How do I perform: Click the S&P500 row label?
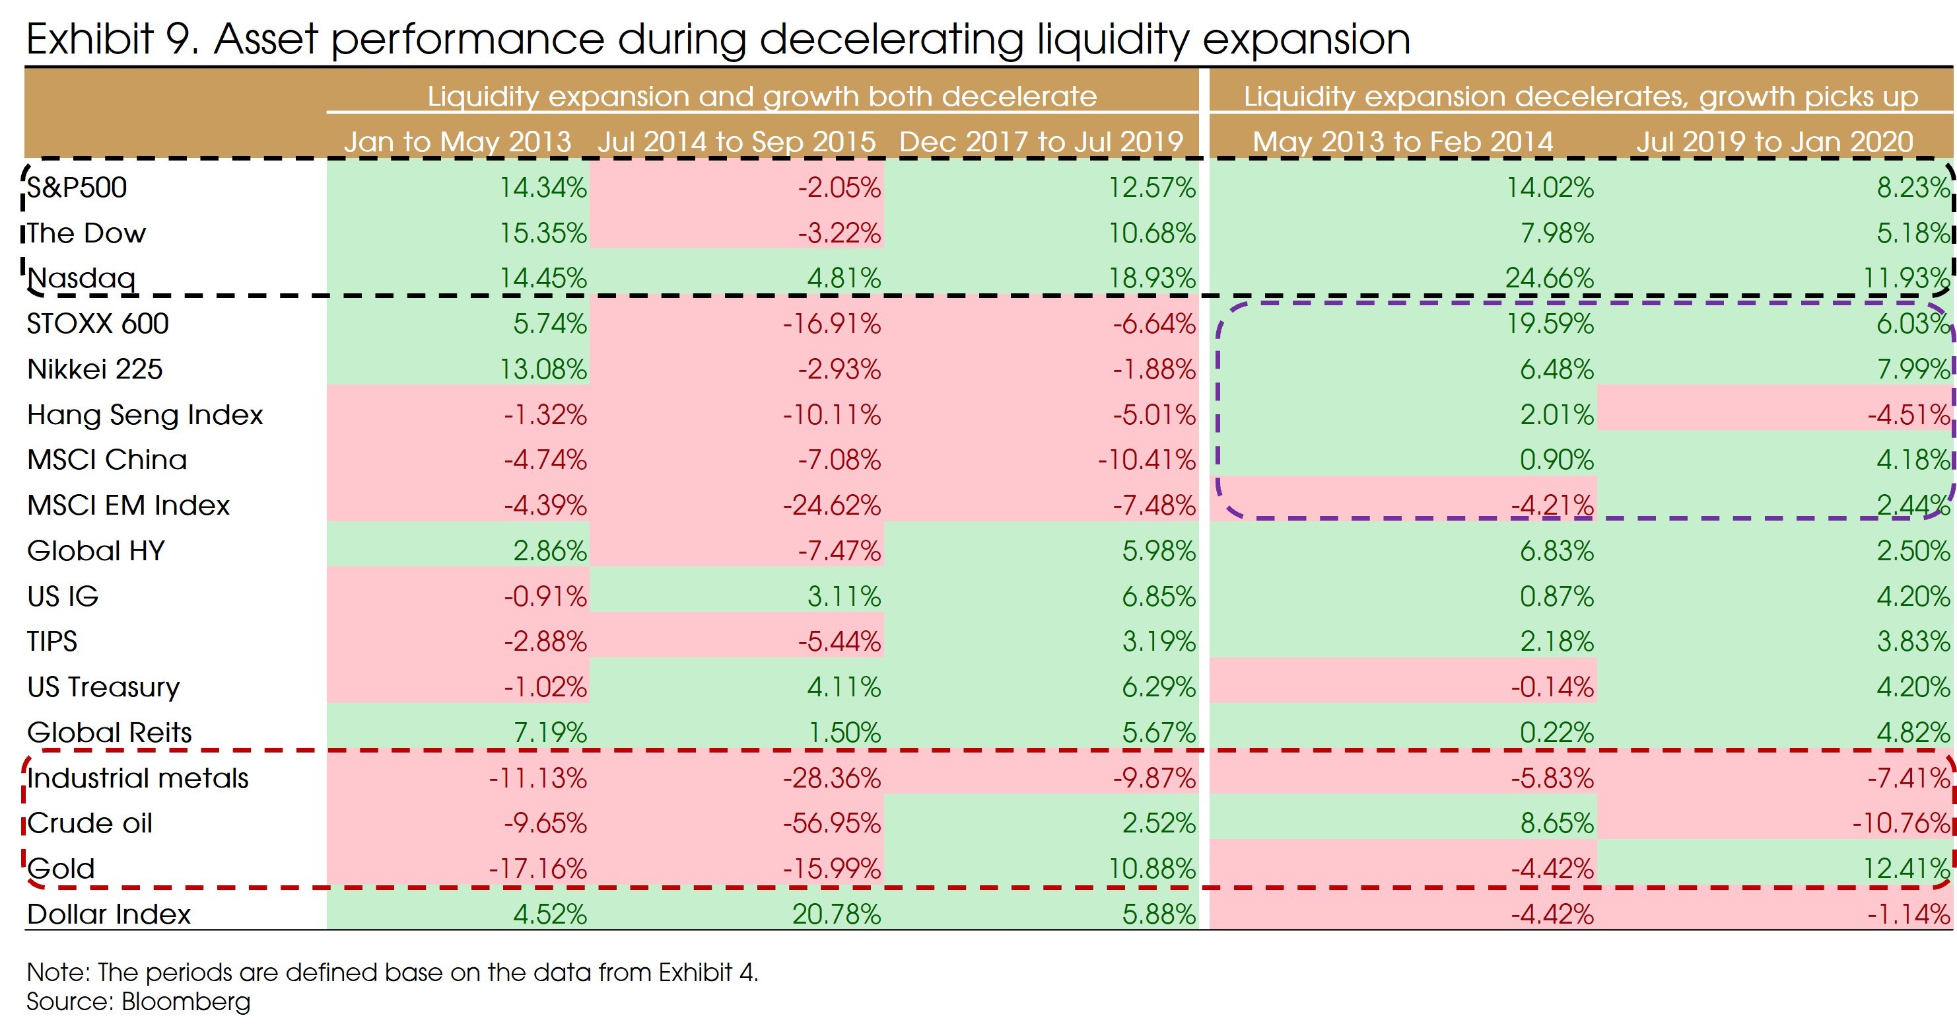(77, 187)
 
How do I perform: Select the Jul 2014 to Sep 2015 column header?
(736, 141)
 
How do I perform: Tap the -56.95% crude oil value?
(832, 823)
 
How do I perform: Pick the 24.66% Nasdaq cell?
(1549, 278)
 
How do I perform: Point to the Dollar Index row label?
(109, 914)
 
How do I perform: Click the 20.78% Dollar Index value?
(836, 914)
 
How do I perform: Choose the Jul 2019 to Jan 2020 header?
(1774, 141)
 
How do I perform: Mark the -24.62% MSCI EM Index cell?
(832, 505)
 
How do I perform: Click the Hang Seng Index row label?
(145, 414)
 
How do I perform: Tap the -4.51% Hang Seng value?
(1908, 414)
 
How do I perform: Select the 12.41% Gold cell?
(1906, 868)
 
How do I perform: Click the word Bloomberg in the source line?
(186, 1001)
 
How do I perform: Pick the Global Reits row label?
(110, 732)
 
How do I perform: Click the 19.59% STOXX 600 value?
(1549, 324)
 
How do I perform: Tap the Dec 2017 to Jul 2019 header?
(1041, 141)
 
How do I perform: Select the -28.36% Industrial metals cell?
(832, 778)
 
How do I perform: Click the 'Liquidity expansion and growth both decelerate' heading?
(762, 96)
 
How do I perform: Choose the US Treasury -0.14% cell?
(1552, 687)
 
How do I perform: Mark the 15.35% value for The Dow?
(543, 233)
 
